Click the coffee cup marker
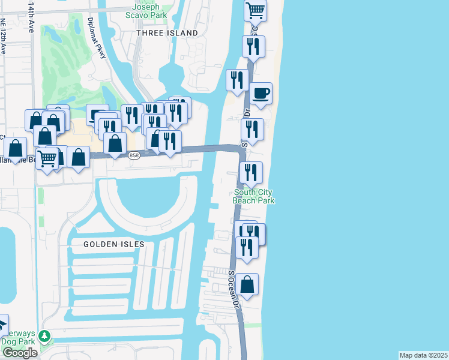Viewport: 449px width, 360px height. pos(261,94)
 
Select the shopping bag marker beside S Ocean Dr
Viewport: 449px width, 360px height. pos(247,284)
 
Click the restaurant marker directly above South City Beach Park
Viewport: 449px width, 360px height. pos(251,173)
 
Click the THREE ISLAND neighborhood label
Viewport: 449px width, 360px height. pos(167,33)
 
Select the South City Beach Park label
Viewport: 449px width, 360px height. pos(254,196)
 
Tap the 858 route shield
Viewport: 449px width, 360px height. pos(134,156)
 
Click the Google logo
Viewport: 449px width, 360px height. pos(20,353)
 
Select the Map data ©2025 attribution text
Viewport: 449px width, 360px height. pos(424,355)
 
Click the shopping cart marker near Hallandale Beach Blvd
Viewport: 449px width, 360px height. pos(47,158)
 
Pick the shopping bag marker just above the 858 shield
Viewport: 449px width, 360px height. pos(115,143)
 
